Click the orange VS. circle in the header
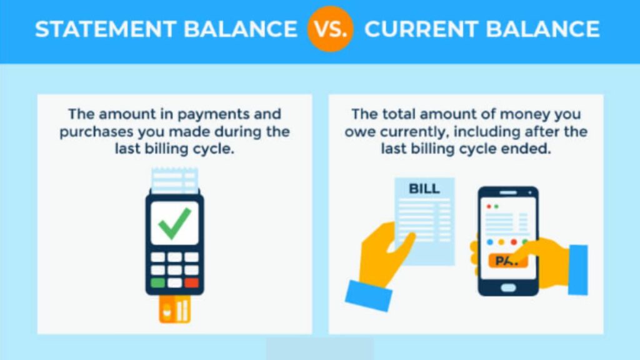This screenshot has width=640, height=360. click(330, 29)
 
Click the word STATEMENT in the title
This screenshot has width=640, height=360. click(99, 29)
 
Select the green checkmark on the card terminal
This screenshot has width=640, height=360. click(174, 223)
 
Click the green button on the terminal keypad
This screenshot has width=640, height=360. click(157, 282)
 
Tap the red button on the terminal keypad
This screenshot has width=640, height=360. click(191, 282)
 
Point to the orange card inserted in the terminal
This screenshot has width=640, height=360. click(174, 309)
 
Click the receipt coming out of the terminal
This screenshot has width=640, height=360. click(175, 180)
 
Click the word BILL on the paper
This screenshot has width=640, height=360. click(424, 188)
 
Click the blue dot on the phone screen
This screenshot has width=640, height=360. click(491, 241)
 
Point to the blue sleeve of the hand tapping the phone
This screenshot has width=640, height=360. click(577, 269)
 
